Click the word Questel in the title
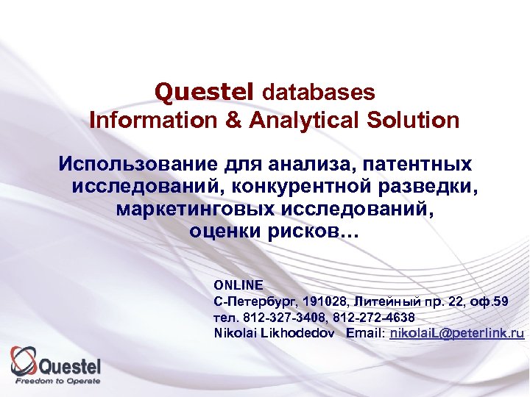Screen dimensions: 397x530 [205, 92]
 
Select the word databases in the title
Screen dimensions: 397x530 [318, 93]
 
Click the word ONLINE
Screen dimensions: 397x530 [238, 285]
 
